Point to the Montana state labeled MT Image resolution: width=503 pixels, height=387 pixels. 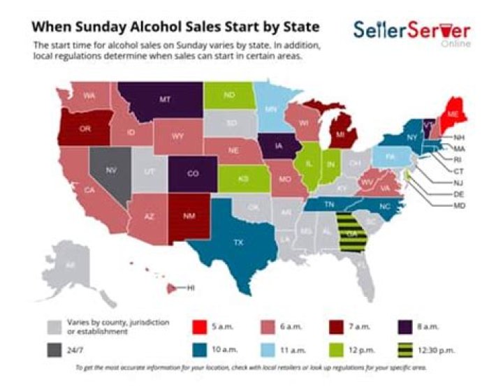coord(165,100)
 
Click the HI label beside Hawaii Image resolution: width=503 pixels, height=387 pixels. coord(190,287)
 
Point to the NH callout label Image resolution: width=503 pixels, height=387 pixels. coord(459,137)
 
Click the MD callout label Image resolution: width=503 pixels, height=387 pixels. coord(459,206)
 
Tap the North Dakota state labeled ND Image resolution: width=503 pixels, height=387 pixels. coord(229,94)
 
